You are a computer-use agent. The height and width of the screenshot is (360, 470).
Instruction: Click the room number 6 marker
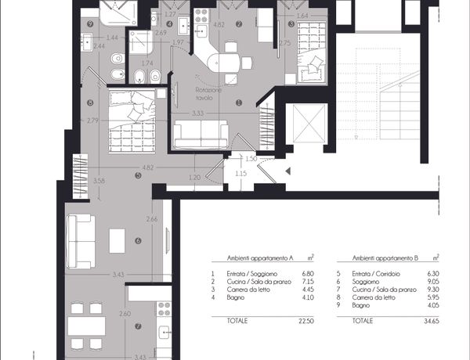(138, 240)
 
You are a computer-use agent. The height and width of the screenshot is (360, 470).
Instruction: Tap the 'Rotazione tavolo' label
(209, 94)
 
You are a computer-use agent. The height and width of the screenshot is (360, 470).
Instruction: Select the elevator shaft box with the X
(309, 124)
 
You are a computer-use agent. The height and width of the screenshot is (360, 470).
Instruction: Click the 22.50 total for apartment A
(306, 321)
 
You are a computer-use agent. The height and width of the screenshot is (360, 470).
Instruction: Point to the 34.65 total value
(432, 321)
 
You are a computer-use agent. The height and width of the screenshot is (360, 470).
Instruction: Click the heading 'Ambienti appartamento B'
(385, 258)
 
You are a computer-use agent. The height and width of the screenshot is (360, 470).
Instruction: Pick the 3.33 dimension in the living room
(198, 113)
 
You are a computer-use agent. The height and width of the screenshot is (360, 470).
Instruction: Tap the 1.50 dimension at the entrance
(251, 159)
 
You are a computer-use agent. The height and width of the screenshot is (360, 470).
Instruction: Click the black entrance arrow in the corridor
(288, 171)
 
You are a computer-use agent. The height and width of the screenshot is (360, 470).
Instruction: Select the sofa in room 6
(81, 241)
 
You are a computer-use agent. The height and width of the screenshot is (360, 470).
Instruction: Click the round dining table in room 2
(224, 63)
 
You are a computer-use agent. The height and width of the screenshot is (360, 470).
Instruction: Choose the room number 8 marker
(89, 103)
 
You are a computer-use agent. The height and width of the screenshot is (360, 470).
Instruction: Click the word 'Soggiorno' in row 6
(365, 282)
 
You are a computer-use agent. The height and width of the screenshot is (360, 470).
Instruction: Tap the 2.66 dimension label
(152, 219)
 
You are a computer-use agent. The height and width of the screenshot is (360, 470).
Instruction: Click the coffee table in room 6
(117, 241)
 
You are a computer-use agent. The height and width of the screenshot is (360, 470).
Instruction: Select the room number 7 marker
(138, 326)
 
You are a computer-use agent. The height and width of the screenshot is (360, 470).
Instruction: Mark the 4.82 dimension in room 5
(148, 167)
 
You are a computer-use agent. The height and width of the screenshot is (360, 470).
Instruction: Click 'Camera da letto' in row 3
(248, 290)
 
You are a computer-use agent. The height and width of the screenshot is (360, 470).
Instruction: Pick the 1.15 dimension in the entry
(240, 173)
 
